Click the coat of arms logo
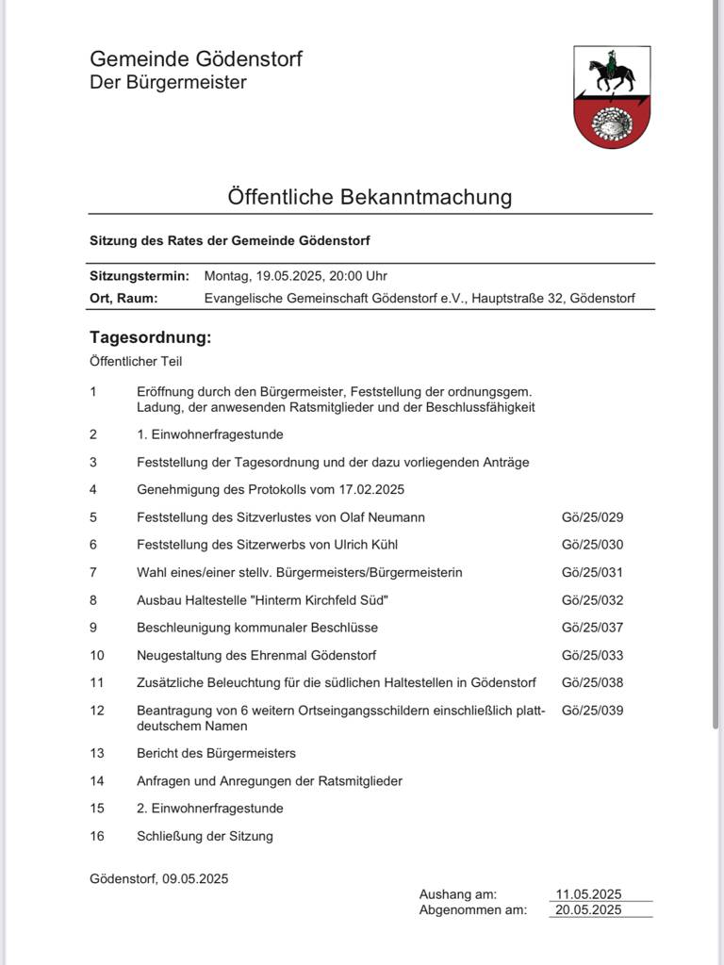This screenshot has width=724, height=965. coord(612,97)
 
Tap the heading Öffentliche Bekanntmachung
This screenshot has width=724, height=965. coord(370,197)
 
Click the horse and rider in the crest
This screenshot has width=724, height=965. coord(611,74)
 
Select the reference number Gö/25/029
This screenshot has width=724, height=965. coord(592,517)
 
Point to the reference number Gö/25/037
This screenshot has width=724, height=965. coord(592,628)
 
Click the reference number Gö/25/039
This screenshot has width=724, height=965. coord(592,711)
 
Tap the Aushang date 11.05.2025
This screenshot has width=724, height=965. coord(588,894)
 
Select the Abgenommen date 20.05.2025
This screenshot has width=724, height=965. coord(588,909)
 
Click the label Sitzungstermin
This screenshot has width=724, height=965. coord(140,276)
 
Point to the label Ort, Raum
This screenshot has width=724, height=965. coord(123,299)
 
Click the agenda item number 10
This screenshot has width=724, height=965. coord(97,655)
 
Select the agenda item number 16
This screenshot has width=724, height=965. coord(97,836)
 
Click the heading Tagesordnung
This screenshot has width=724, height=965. coord(151,337)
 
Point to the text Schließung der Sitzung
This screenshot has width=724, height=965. coord(205,836)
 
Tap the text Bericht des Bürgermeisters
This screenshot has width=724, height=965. coord(216,753)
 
